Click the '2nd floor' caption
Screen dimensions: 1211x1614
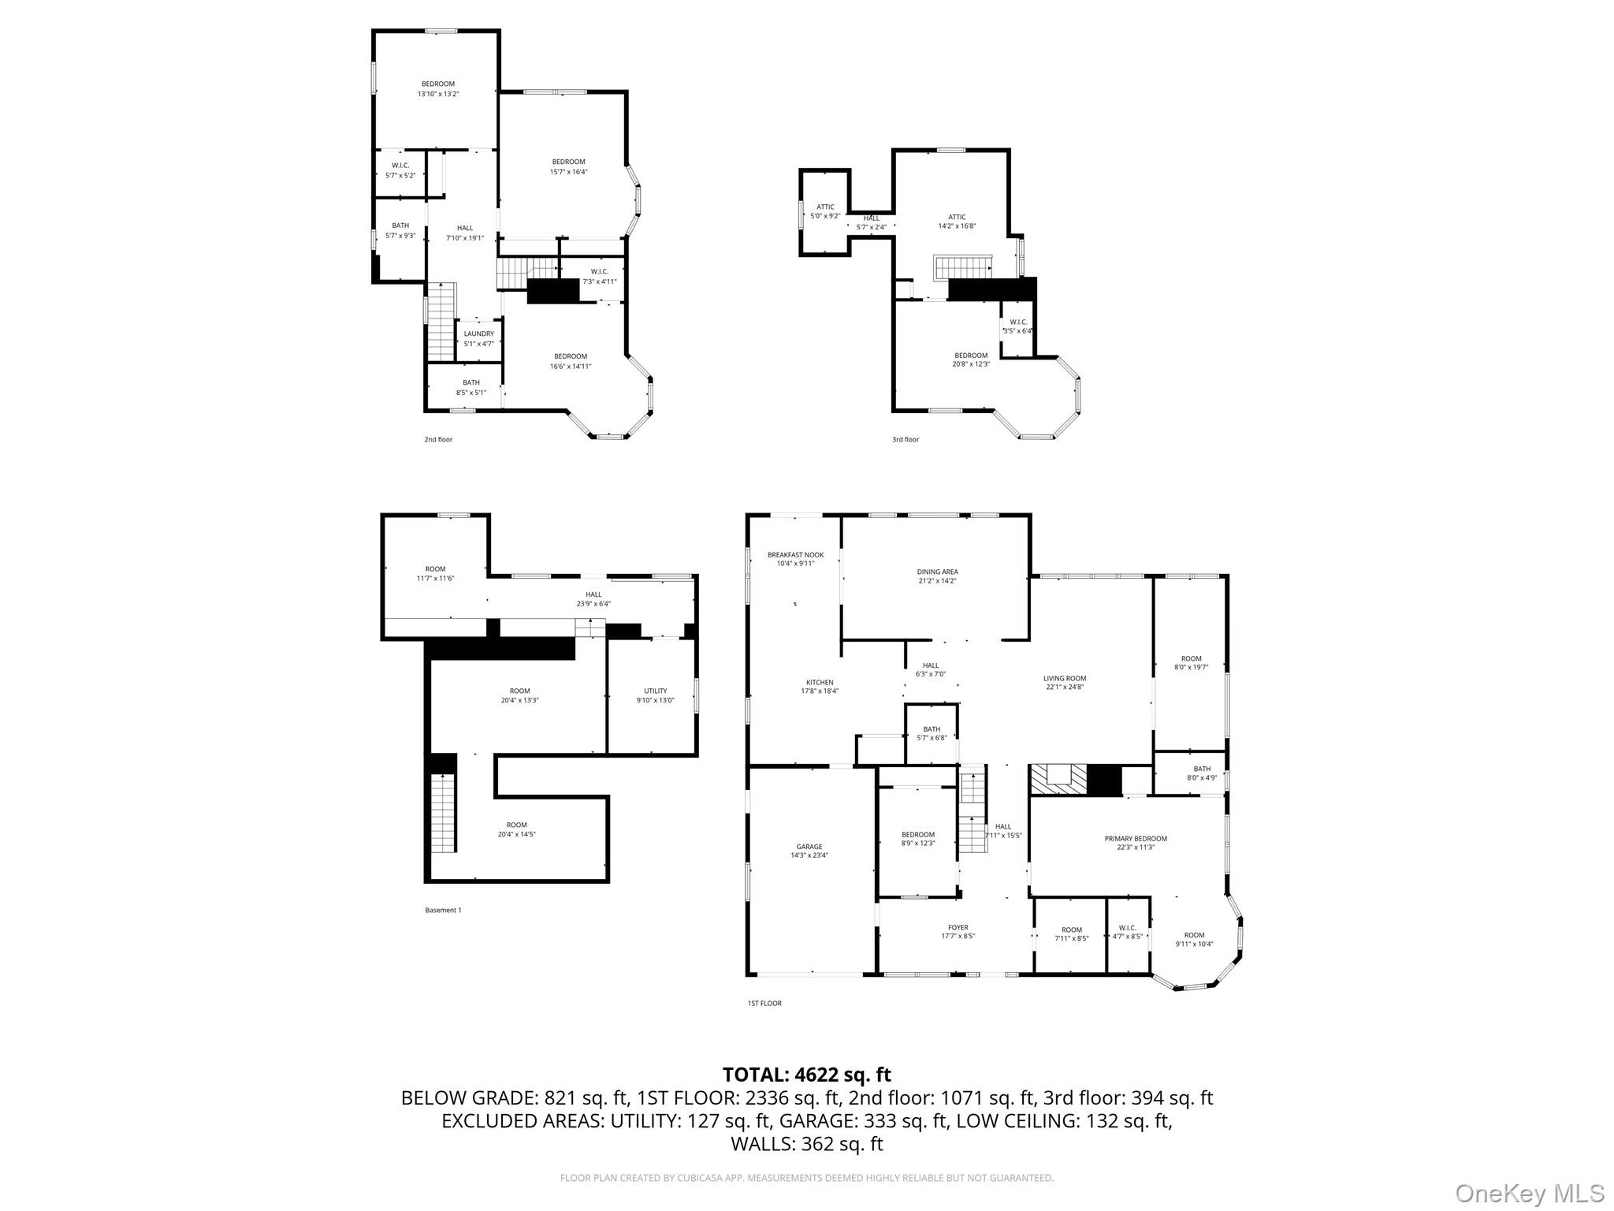pos(438,439)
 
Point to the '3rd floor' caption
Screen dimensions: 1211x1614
pos(905,439)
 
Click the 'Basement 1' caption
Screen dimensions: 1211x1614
pos(443,910)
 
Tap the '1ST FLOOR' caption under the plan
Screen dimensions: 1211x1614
pos(764,1004)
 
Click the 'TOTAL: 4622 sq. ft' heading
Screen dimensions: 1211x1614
pos(806,1075)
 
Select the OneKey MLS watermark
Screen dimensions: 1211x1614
pos(1529,1193)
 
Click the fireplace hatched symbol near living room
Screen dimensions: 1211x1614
pos(1056,780)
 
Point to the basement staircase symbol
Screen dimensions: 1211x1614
pos(443,813)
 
